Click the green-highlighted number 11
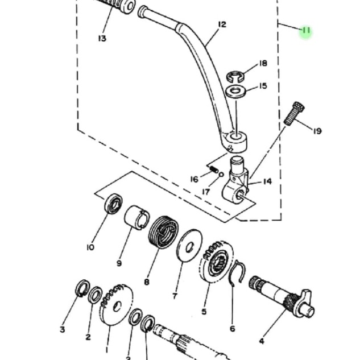pos(306,31)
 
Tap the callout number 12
pos(222,24)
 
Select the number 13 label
pos(102,39)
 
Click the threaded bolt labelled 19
pos(293,113)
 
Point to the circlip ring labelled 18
pos(235,76)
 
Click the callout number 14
pos(267,182)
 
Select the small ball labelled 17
pos(221,175)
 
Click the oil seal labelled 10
pos(115,204)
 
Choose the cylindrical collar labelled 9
pos(137,218)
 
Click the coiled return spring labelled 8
pos(163,234)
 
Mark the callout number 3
pos(63,329)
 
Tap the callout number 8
pos(147,282)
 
